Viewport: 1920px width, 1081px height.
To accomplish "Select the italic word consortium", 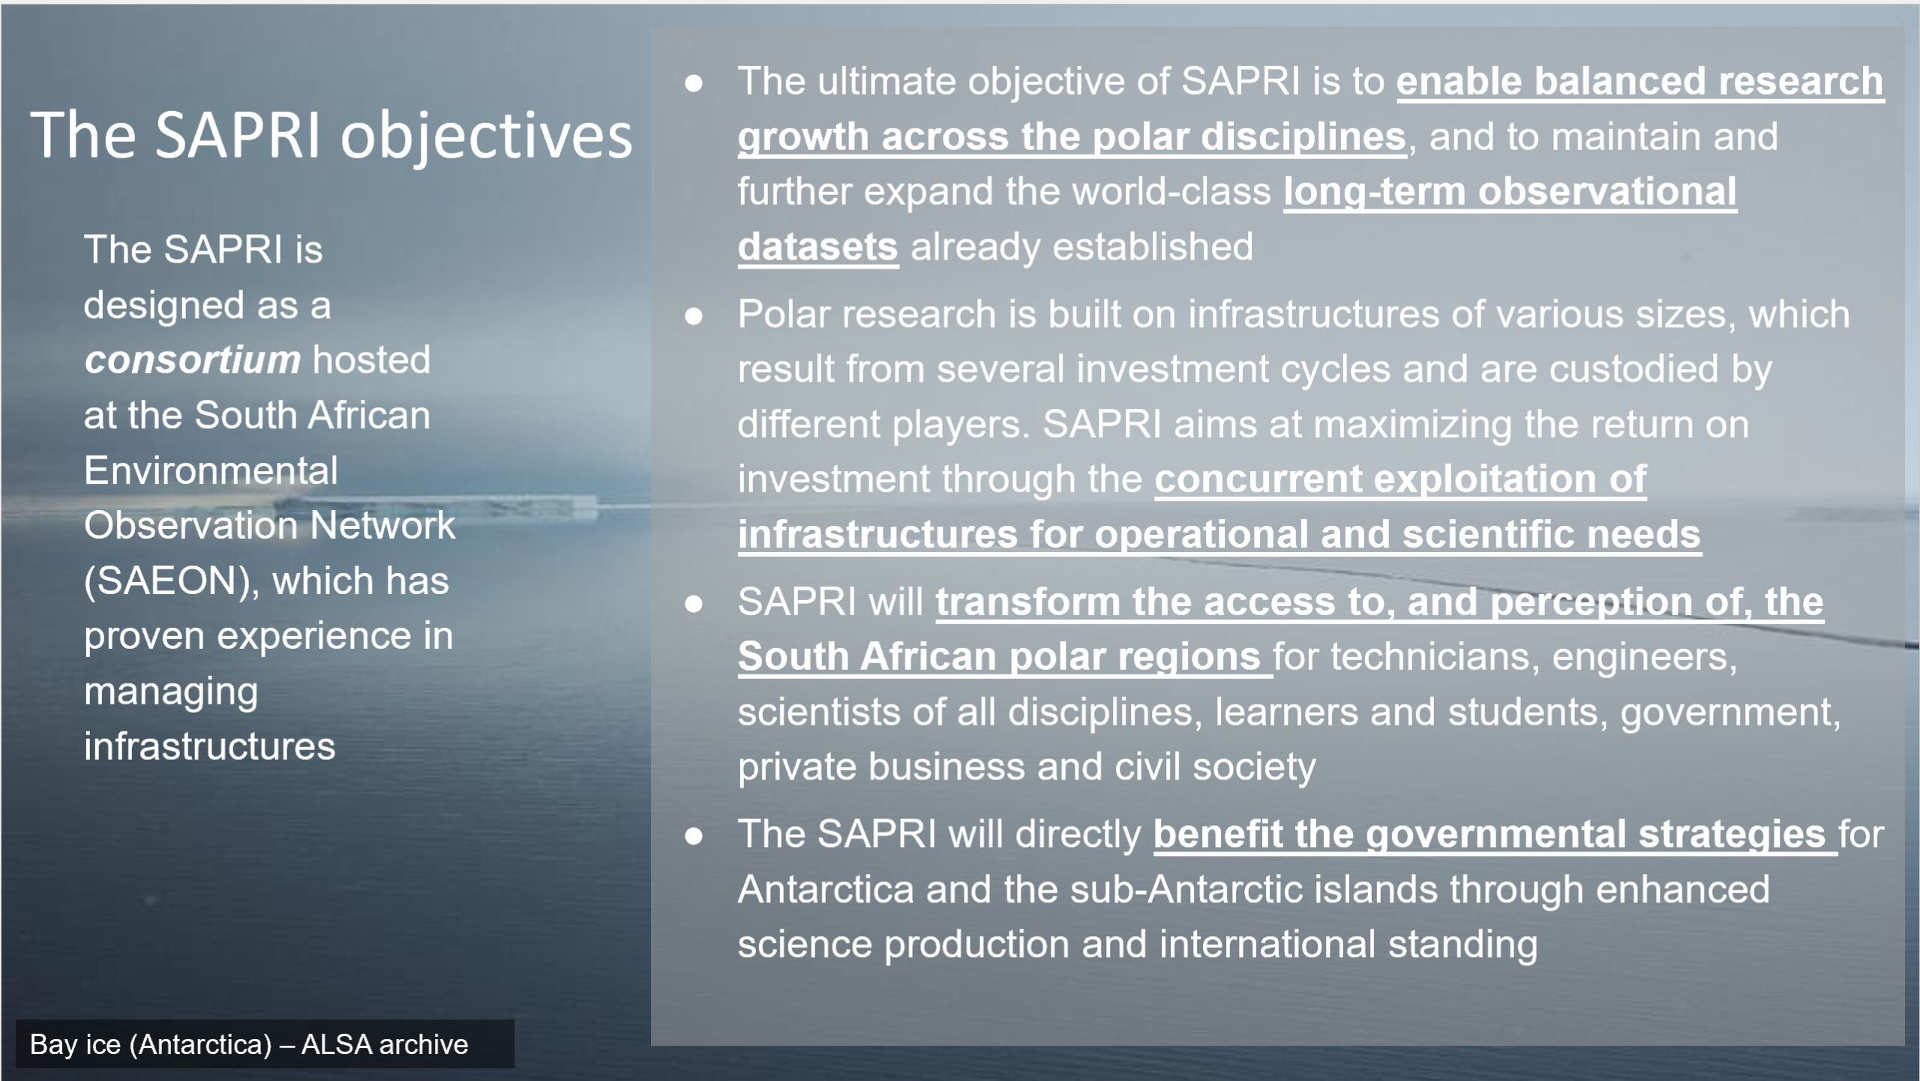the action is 193,360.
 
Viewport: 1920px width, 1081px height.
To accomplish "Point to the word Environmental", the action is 211,470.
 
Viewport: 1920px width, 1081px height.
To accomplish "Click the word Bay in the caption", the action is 53,1044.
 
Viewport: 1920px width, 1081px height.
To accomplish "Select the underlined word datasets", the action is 817,247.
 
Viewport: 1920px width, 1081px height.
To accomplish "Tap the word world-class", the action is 1171,191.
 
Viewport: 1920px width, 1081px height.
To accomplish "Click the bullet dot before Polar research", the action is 694,315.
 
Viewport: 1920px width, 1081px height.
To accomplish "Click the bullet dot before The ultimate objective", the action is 694,83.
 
